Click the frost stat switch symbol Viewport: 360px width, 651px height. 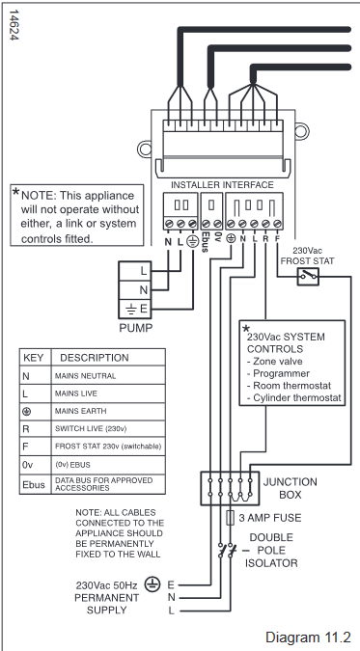click(x=308, y=276)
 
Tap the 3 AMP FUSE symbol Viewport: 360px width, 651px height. click(x=230, y=518)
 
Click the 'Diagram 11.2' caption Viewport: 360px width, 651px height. click(x=308, y=637)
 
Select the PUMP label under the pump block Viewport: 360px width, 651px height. click(x=135, y=328)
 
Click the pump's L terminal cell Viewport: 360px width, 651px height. click(x=134, y=271)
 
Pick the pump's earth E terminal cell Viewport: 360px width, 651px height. click(x=134, y=309)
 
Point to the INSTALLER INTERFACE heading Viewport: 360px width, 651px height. click(x=222, y=185)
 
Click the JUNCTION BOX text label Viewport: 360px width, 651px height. click(x=291, y=488)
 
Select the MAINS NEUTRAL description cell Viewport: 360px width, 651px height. click(x=108, y=376)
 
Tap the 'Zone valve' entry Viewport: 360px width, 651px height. click(x=274, y=362)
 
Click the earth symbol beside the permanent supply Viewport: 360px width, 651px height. click(x=152, y=584)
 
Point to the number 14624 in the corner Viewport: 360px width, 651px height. click(x=13, y=25)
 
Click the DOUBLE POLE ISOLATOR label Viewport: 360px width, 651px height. click(x=270, y=550)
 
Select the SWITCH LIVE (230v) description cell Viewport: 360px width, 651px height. click(x=108, y=428)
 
